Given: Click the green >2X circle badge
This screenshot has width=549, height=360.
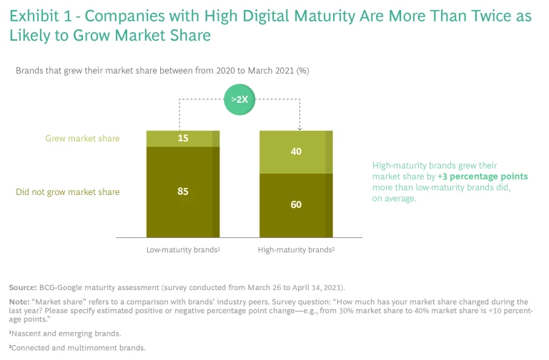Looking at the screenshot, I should (241, 99).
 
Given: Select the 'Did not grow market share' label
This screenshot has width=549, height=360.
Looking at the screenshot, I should (68, 191).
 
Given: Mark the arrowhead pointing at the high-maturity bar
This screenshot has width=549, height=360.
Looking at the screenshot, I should (300, 128).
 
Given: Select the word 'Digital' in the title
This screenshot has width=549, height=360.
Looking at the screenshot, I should (227, 16).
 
